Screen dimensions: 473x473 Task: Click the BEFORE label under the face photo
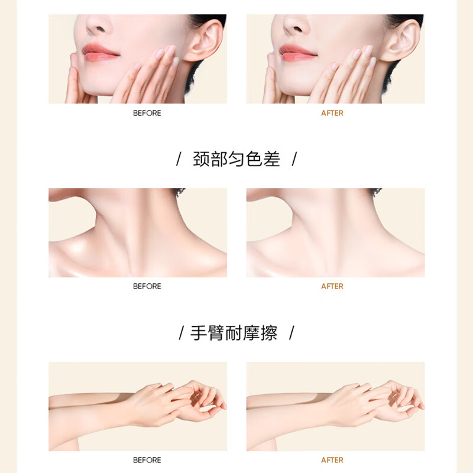click(x=147, y=113)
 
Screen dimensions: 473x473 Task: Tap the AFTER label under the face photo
click(x=332, y=113)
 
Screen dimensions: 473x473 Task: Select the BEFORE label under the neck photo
click(x=147, y=286)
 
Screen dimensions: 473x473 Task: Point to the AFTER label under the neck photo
click(x=332, y=286)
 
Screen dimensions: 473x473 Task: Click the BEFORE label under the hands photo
click(x=147, y=460)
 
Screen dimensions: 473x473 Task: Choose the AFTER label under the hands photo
click(x=332, y=460)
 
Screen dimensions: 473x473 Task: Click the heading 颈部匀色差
click(x=237, y=159)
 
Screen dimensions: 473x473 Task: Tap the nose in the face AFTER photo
click(x=296, y=25)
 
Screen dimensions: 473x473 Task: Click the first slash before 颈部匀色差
click(x=179, y=160)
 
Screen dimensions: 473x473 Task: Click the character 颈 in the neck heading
click(x=202, y=159)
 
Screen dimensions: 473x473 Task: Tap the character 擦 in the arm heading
click(x=269, y=333)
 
